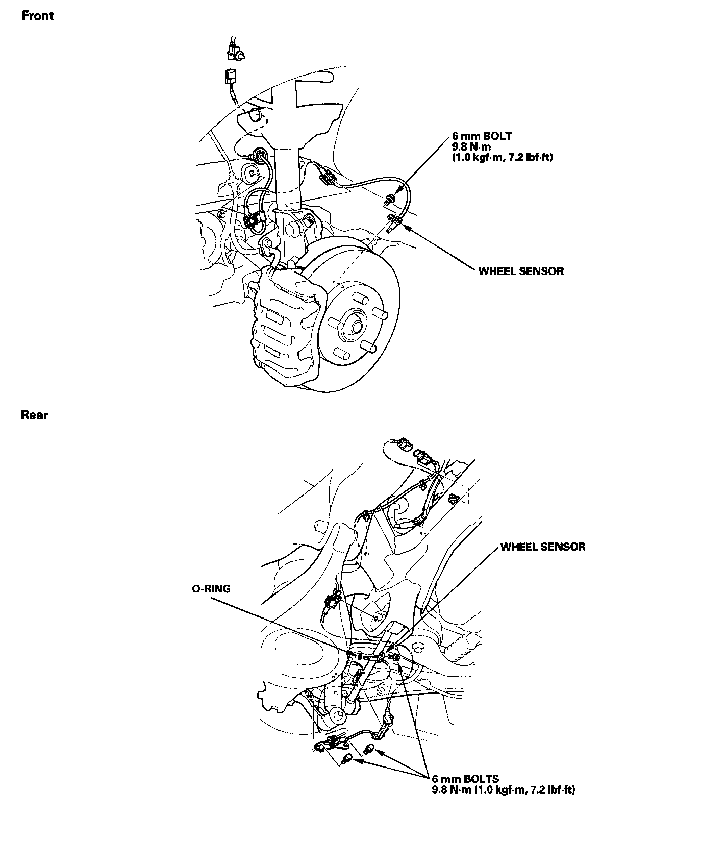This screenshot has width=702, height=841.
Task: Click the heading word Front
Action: pyautogui.click(x=37, y=16)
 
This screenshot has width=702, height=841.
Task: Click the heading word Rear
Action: pyautogui.click(x=35, y=415)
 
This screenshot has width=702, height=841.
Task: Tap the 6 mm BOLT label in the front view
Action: pyautogui.click(x=481, y=136)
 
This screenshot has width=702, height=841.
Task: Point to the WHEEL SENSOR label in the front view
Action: pyautogui.click(x=521, y=271)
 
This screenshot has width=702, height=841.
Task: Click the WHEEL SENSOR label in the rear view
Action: pyautogui.click(x=543, y=547)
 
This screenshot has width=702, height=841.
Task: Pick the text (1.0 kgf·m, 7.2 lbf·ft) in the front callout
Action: pyautogui.click(x=502, y=158)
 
